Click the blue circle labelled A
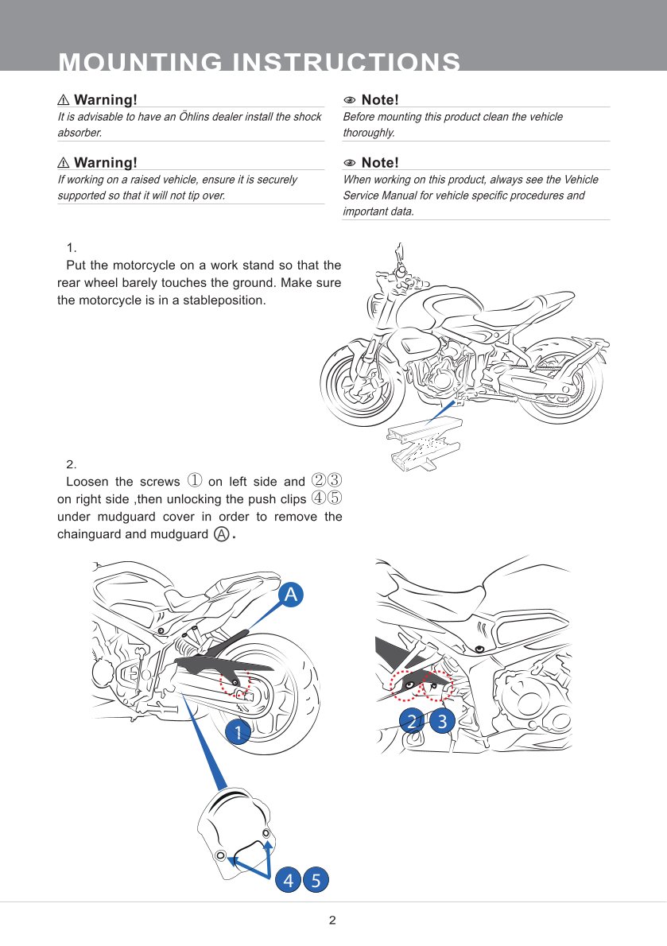tap(291, 594)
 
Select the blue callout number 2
tap(412, 721)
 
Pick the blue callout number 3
tap(442, 721)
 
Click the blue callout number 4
tap(288, 880)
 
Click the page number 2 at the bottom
tap(332, 921)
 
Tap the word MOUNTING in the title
tap(138, 62)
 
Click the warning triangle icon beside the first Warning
tap(64, 100)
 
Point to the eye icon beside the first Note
tap(349, 100)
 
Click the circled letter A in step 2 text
tap(223, 534)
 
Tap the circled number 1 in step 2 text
tap(195, 481)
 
